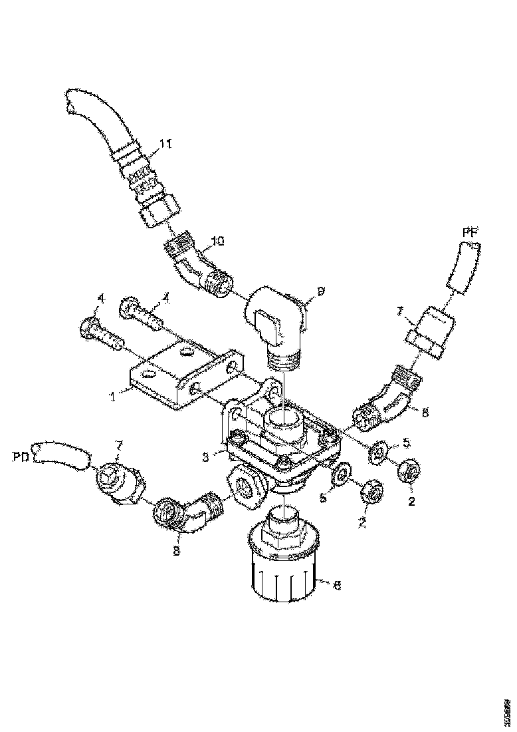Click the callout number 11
[x=165, y=143]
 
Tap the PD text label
[x=21, y=457]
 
